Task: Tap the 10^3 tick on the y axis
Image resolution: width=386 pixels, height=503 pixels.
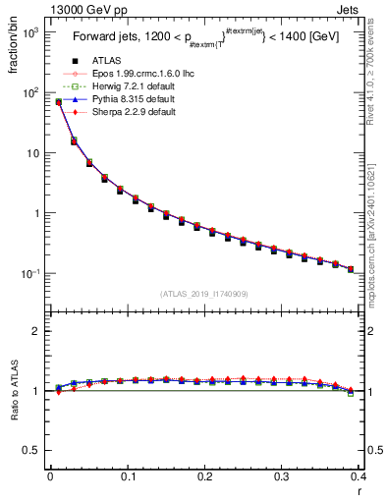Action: [x=28, y=32]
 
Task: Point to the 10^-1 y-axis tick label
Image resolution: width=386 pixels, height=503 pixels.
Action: [x=28, y=273]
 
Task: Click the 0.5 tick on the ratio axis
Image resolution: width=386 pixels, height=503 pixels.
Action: [x=32, y=451]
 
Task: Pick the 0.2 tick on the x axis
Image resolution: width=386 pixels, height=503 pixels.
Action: [x=204, y=478]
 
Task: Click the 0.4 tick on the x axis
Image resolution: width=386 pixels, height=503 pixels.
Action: [x=358, y=478]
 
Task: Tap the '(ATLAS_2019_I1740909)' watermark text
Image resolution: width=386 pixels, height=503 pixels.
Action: [x=203, y=294]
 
